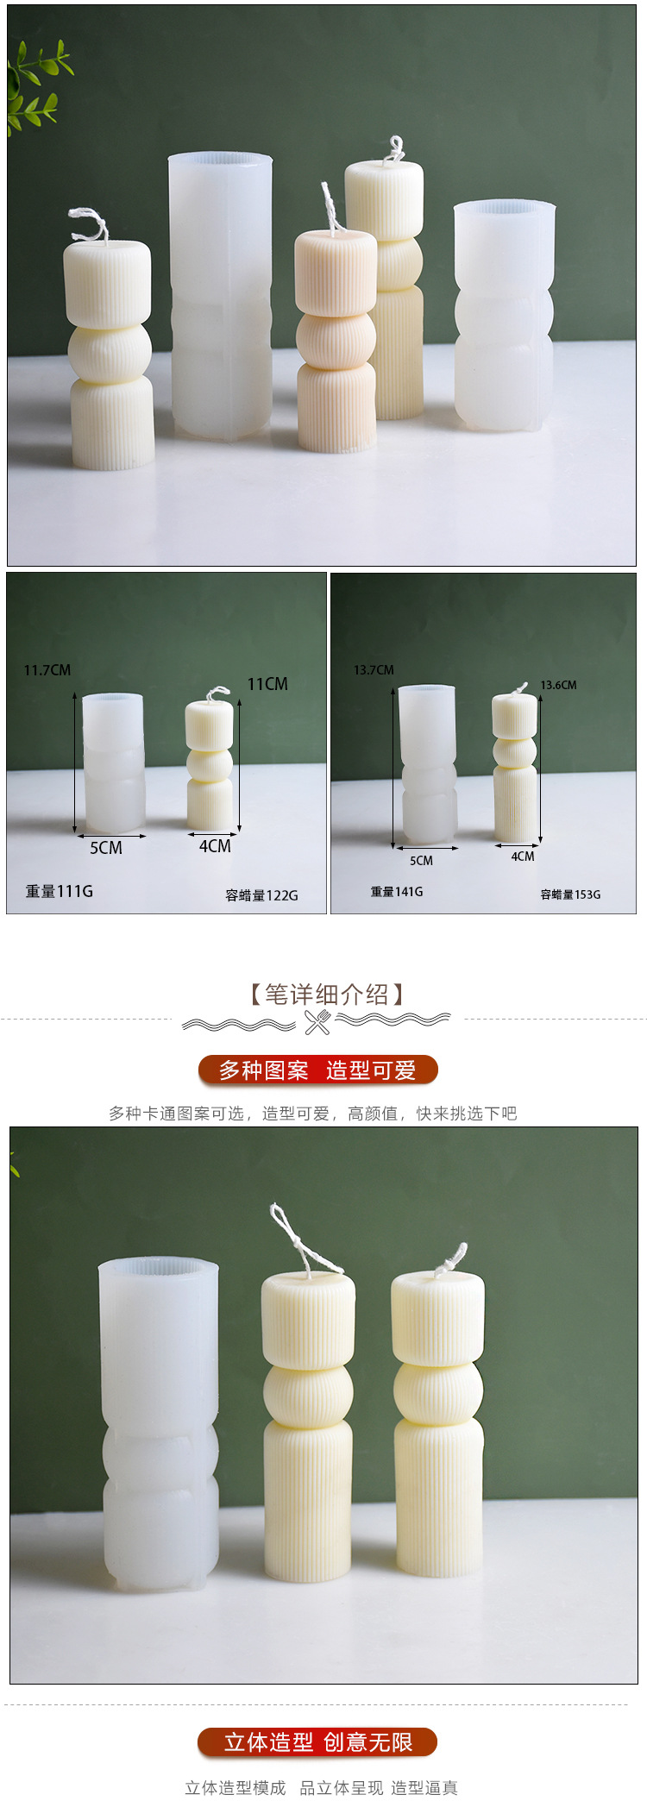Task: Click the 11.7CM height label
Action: point(47,670)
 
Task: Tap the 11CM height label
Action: point(267,684)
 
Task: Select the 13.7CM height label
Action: point(374,670)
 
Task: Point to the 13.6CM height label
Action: point(558,685)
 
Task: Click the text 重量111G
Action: point(59,891)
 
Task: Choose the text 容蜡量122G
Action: point(261,895)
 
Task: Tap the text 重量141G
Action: point(397,892)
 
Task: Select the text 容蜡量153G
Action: point(570,894)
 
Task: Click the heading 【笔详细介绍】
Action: point(326,995)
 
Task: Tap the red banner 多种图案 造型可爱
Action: point(318,1070)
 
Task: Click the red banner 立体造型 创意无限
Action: point(318,1742)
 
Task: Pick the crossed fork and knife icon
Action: point(317,1022)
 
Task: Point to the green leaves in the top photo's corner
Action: point(35,86)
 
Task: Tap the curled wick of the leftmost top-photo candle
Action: point(90,223)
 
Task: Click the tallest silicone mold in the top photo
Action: point(220,293)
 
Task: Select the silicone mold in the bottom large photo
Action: point(159,1423)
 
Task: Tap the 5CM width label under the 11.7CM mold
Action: point(106,848)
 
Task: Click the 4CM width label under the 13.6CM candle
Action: point(522,857)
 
